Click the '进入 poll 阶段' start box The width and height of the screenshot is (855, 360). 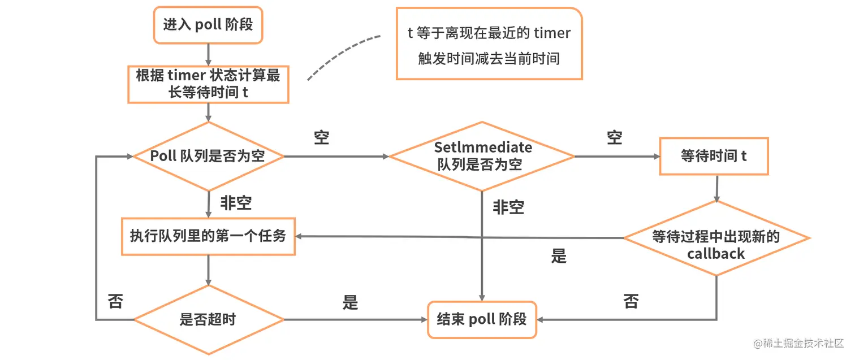(208, 25)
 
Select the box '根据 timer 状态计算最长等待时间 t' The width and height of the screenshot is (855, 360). (208, 84)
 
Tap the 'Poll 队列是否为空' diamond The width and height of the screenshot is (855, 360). (208, 157)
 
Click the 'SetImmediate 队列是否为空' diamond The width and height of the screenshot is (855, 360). (481, 157)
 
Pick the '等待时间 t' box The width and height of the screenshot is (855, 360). (714, 156)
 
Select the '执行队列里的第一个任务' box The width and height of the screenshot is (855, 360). (208, 236)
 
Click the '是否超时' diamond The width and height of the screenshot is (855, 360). (208, 320)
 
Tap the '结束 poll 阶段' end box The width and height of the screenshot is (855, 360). (482, 319)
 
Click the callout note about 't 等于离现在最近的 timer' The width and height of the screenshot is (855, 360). (489, 44)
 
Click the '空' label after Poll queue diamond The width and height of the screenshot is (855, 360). (322, 137)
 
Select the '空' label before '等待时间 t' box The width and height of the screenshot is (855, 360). (615, 137)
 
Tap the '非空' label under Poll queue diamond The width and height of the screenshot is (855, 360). (236, 203)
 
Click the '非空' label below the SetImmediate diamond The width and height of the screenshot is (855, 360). (508, 207)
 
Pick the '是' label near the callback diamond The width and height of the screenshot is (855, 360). (559, 257)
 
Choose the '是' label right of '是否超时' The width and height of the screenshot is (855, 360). (350, 302)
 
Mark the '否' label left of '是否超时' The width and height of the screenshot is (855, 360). (115, 301)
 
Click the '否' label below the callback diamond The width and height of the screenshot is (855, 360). (631, 301)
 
